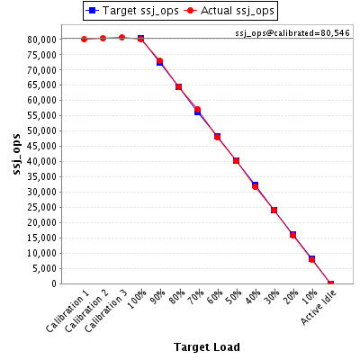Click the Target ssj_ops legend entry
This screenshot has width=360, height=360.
point(132,11)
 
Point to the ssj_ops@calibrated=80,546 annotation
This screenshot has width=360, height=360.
point(292,33)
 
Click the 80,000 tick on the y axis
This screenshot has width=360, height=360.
point(42,40)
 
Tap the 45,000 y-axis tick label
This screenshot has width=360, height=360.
point(42,146)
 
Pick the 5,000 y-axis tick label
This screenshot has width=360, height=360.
point(44,268)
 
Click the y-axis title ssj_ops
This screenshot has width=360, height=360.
point(17,154)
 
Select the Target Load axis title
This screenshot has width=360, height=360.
point(207,346)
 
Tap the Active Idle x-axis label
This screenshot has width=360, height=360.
point(319,307)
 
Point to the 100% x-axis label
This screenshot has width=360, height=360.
point(137,300)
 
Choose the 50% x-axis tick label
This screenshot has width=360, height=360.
point(234,297)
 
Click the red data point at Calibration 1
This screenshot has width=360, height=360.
point(84,39)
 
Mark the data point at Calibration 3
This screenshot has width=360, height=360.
point(121,38)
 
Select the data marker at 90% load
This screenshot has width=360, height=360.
point(159,61)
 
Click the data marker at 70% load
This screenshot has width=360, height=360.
point(197,110)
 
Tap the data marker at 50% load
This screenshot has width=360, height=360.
point(236,161)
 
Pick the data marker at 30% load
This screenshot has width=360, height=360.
point(274,210)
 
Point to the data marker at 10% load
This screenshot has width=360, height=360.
point(311,259)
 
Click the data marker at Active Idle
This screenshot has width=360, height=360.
point(330,283)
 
